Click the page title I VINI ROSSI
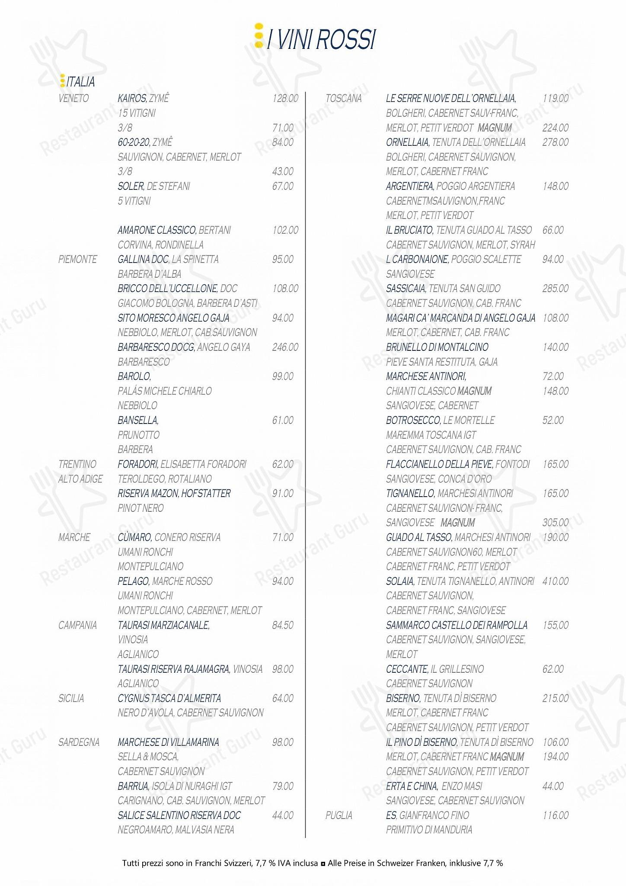[321, 40]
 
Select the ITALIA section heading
[80, 82]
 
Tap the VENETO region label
[73, 99]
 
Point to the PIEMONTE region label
[78, 260]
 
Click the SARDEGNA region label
[79, 742]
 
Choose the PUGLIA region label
[339, 815]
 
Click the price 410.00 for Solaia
[556, 581]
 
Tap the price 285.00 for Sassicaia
[556, 289]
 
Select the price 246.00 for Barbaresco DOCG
[285, 347]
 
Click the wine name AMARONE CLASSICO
[157, 230]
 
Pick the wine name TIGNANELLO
[410, 494]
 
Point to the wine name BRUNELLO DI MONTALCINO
[437, 347]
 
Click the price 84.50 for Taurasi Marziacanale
[283, 625]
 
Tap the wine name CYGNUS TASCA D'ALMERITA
[169, 698]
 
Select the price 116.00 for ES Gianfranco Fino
[556, 815]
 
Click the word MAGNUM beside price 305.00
[458, 523]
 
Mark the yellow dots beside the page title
[259, 35]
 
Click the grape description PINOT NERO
[141, 508]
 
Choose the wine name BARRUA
[133, 786]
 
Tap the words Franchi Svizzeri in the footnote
[223, 863]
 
